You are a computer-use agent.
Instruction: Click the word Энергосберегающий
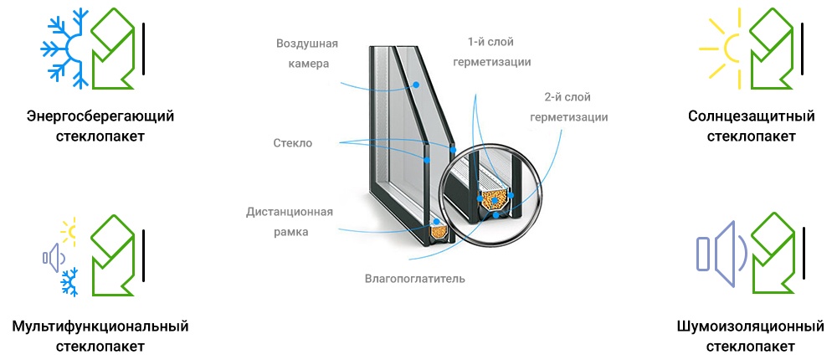[100, 116]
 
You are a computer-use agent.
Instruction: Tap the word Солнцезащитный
[751, 116]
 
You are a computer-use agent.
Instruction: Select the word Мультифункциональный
[100, 326]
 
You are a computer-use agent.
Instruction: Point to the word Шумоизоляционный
[751, 326]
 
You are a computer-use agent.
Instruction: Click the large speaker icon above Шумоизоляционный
[720, 253]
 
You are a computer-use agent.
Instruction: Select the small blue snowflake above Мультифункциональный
[69, 283]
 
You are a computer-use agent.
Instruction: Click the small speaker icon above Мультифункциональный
[54, 258]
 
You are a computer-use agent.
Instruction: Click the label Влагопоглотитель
[415, 279]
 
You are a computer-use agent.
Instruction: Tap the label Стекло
[292, 143]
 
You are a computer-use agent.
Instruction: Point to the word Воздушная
[307, 44]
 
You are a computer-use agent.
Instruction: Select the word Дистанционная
[290, 212]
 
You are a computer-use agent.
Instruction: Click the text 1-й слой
[491, 42]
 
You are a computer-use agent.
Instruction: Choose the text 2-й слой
[567, 97]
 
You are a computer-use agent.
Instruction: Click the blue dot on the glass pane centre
[416, 85]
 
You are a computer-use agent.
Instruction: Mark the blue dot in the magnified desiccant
[496, 200]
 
